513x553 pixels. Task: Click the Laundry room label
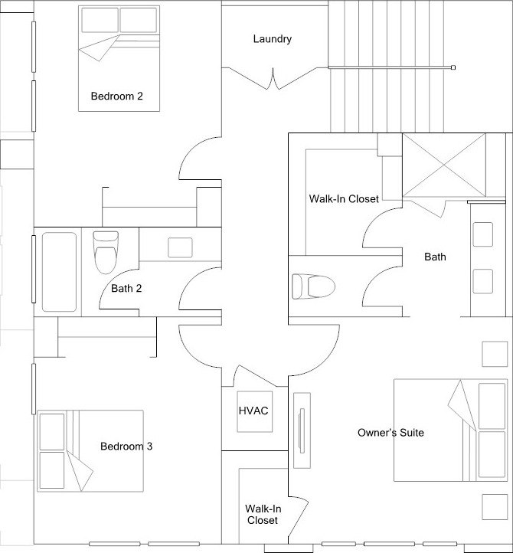[272, 39]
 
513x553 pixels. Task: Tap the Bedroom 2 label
[116, 96]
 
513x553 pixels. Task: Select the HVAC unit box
[254, 411]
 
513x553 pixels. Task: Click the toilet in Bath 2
[106, 252]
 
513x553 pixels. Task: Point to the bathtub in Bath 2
[59, 272]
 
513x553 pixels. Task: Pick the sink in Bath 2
[180, 247]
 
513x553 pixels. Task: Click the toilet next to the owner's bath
[313, 286]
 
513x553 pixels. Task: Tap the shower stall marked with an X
[444, 165]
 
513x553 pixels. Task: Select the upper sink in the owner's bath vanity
[482, 234]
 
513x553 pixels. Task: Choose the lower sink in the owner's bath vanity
[482, 281]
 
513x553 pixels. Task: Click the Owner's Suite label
[390, 433]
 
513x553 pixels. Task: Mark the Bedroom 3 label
[126, 446]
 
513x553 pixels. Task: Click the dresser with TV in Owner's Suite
[302, 430]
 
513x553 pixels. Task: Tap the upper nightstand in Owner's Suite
[495, 354]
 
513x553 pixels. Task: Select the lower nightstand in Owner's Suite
[495, 507]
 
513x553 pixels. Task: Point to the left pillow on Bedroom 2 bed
[100, 20]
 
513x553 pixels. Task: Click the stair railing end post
[453, 67]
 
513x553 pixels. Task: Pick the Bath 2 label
[126, 289]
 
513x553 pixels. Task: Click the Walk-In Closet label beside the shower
[344, 199]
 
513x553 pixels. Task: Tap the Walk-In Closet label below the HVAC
[263, 515]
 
